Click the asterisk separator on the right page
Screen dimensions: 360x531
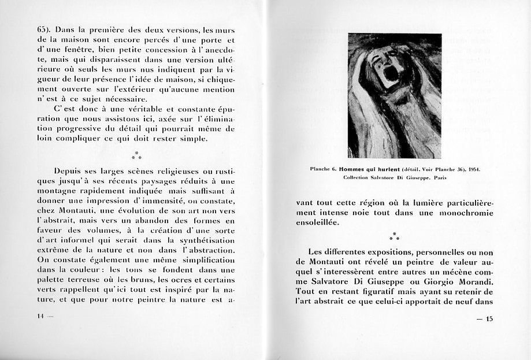(394, 236)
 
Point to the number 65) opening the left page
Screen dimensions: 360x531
(44, 29)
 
